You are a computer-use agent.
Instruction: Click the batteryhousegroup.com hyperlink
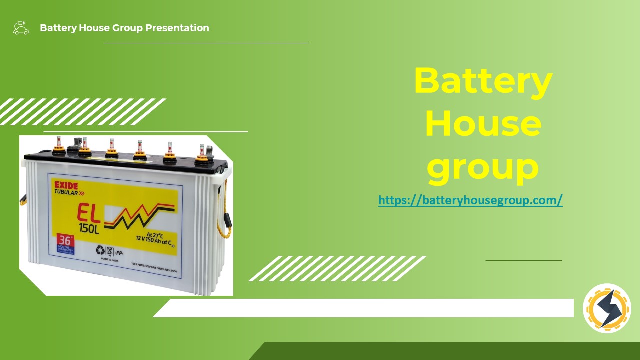(x=470, y=201)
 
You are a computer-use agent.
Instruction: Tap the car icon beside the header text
(x=21, y=28)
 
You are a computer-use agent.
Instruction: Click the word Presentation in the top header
(x=177, y=28)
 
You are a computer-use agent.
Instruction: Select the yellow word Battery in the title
(x=483, y=81)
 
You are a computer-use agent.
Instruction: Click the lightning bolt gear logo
(x=607, y=309)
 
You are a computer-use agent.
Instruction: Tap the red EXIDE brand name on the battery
(x=66, y=186)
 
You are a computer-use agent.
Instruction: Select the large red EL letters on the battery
(x=89, y=214)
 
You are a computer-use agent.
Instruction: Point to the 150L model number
(x=89, y=229)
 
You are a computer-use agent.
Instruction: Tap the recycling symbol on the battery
(x=101, y=250)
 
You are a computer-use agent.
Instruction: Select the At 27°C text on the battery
(x=155, y=234)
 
